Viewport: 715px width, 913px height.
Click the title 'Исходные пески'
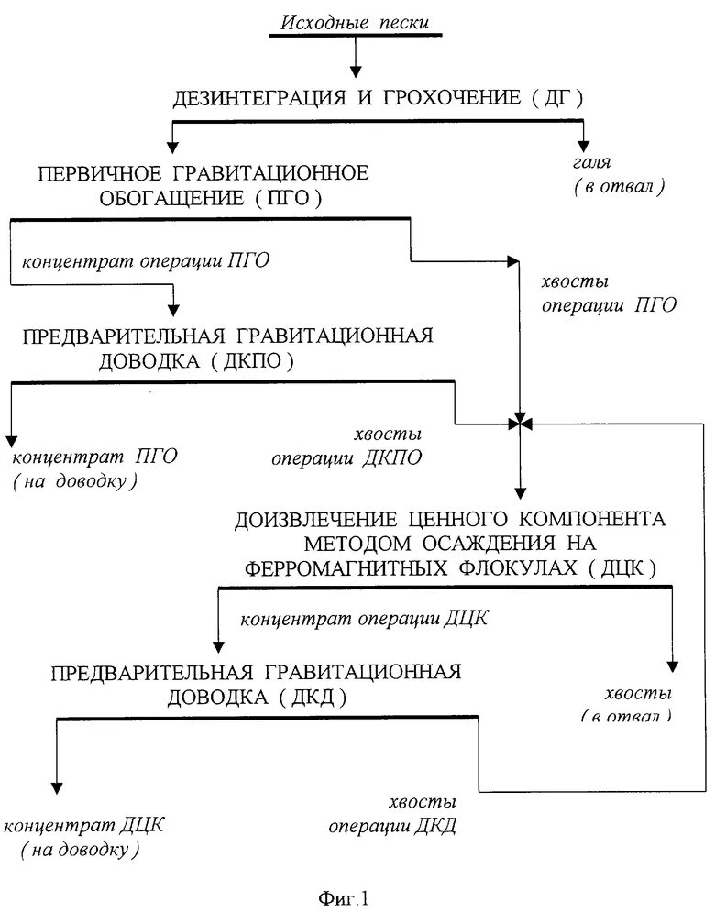tap(355, 20)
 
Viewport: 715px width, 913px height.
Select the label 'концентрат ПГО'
tap(94, 456)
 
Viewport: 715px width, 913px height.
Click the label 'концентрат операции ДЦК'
tap(364, 618)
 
